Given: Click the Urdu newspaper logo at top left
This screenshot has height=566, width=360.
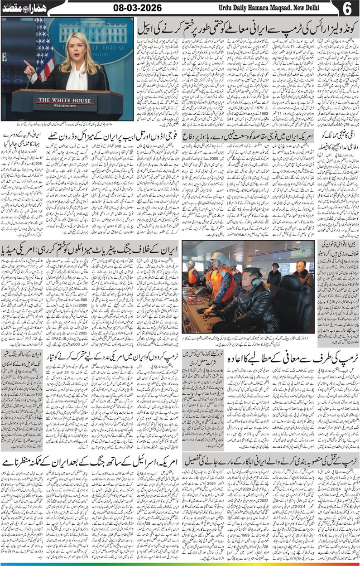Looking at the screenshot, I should pyautogui.click(x=20, y=8).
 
